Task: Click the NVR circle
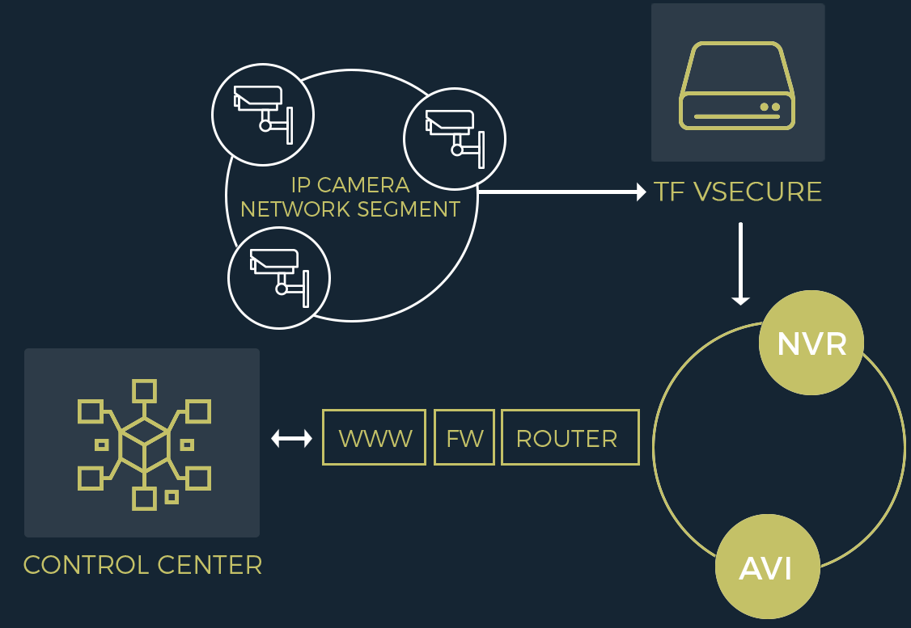(811, 343)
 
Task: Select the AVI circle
(767, 567)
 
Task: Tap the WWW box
(374, 437)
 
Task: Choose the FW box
(464, 437)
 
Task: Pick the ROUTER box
(570, 437)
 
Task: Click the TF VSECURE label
(738, 192)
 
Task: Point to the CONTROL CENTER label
(142, 564)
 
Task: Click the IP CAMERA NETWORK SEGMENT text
(350, 198)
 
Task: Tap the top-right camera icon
(454, 138)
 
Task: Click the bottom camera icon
(278, 277)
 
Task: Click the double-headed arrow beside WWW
(291, 438)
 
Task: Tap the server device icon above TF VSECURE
(737, 85)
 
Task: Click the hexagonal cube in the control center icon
(144, 445)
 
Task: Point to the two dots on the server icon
(769, 107)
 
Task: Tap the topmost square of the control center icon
(144, 391)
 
